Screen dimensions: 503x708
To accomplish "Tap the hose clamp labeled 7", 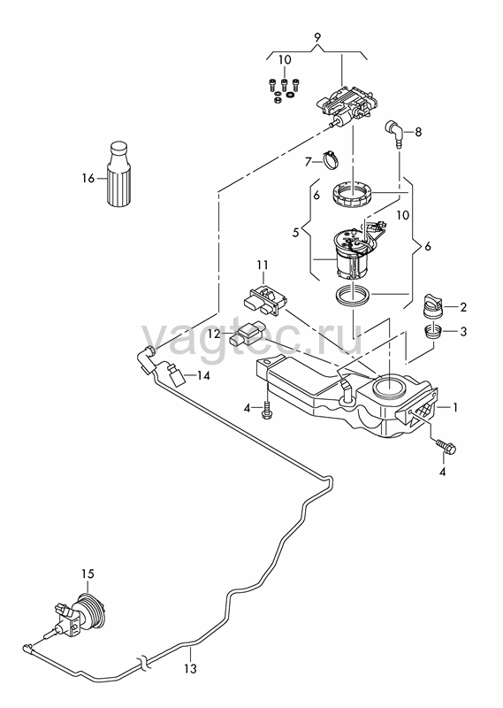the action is coord(331,160).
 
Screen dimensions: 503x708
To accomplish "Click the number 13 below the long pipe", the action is coord(191,668).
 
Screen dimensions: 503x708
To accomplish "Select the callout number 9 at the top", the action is coord(317,37).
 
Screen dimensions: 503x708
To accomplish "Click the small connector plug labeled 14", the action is coord(175,375).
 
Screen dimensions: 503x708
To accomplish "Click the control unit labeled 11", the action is coord(265,300).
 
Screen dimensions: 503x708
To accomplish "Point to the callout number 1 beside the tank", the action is coord(455,407).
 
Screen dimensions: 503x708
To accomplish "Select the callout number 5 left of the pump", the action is coord(295,233).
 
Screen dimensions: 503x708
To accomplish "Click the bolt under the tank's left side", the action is coord(267,409).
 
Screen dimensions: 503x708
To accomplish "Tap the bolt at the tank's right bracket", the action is coord(446,446).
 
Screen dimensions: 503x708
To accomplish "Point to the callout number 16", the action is coord(88,179).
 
